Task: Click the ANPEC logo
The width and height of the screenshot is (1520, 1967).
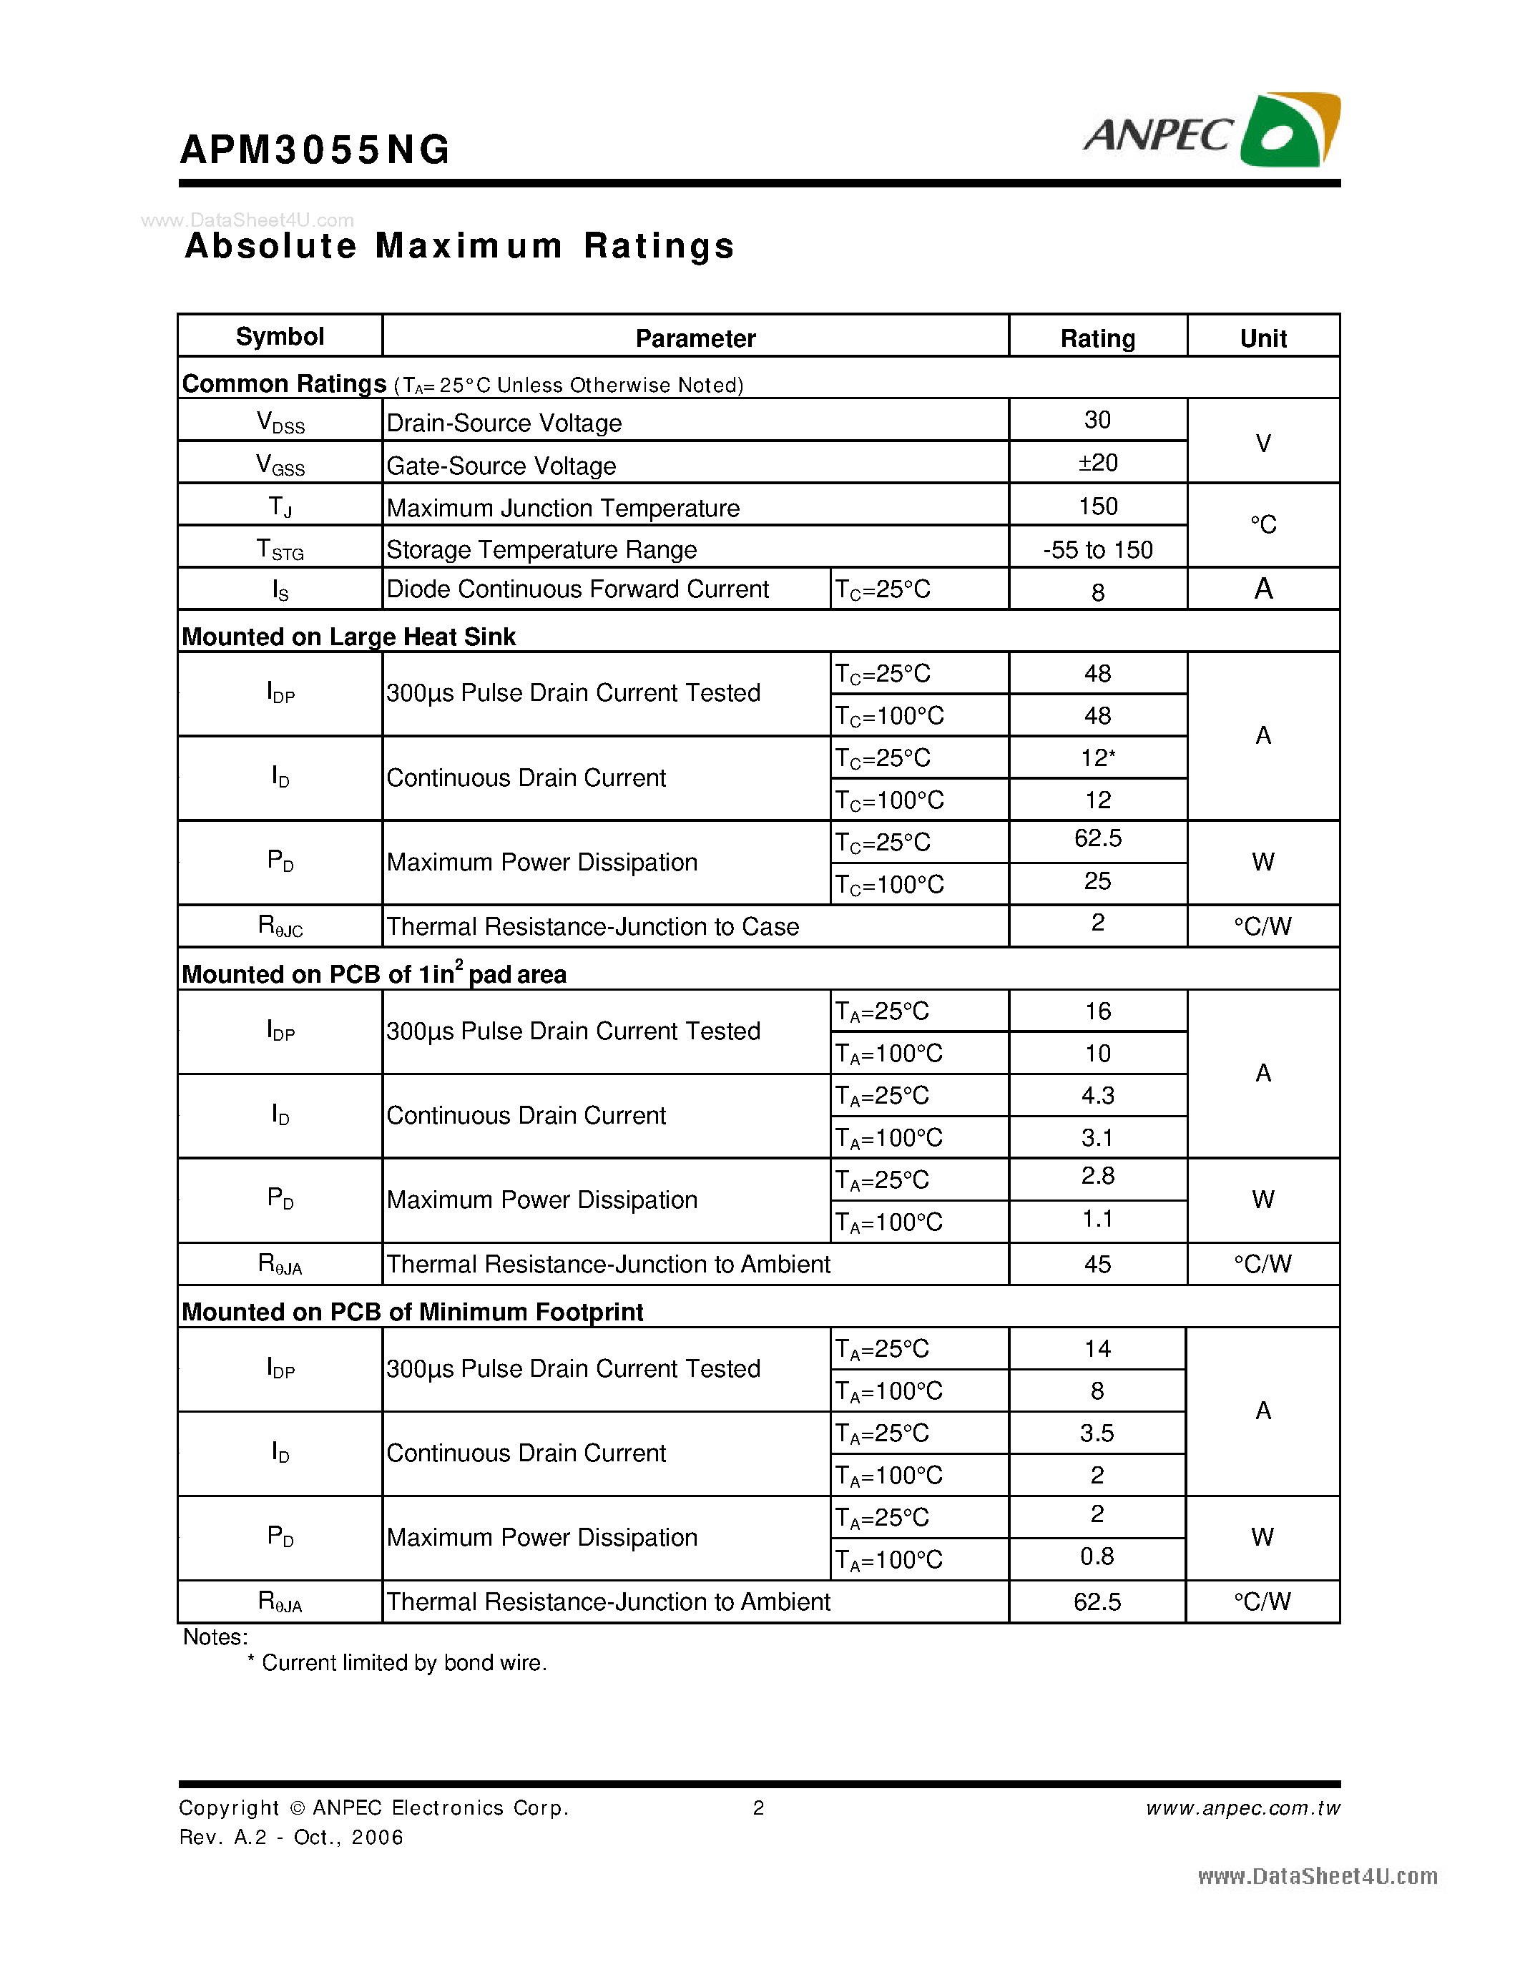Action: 1210,132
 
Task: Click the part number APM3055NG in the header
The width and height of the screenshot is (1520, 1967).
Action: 314,149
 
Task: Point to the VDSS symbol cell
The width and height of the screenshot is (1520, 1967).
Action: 280,421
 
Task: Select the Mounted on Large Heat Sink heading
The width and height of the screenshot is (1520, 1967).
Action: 348,637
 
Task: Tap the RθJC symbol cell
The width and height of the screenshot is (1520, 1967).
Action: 280,926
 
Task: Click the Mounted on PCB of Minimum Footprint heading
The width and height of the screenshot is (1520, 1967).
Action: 413,1313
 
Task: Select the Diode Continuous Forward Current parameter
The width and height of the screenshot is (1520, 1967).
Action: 577,589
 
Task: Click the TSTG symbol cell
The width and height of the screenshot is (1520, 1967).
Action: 280,549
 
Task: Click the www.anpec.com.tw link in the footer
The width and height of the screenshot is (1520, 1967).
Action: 1242,1808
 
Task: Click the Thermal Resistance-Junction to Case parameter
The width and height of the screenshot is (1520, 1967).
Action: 592,927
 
